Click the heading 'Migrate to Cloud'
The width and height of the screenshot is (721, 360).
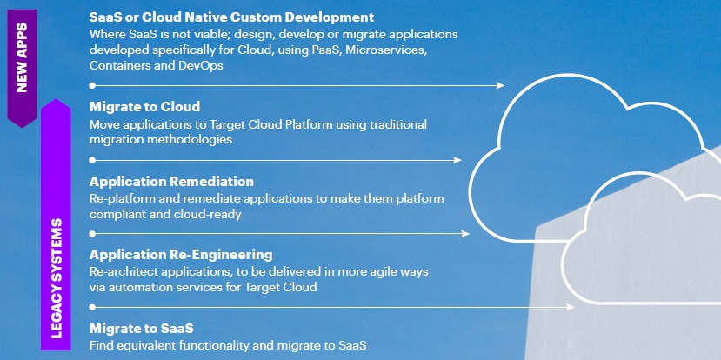pos(145,107)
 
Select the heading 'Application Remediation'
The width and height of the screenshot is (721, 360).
pos(171,182)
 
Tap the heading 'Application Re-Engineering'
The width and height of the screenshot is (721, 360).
pos(181,255)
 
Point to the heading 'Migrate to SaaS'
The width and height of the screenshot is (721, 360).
pos(141,329)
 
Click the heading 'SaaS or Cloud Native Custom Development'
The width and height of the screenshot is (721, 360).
pos(231,17)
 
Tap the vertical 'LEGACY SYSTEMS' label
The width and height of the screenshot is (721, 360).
pos(57,277)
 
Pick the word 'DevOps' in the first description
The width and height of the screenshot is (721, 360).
pos(201,66)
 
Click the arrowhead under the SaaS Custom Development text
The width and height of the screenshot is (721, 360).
pos(500,85)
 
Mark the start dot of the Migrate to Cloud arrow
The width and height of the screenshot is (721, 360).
pos(91,160)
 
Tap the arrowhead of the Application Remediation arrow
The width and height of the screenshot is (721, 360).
pos(466,234)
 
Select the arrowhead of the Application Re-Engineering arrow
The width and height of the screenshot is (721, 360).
pos(571,307)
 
